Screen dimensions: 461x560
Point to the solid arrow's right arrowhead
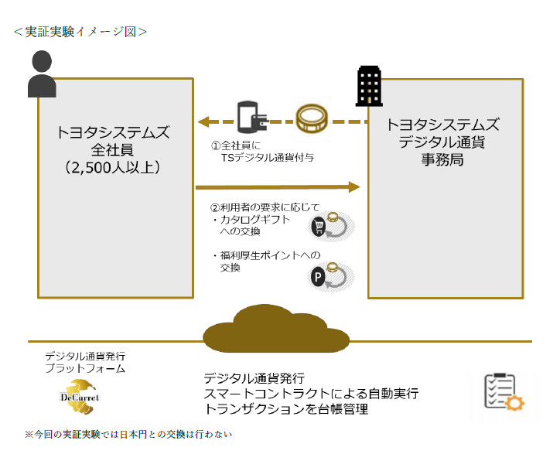[x=355, y=186]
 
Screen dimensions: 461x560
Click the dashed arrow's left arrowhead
[x=204, y=121]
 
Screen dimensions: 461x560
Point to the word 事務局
[x=442, y=160]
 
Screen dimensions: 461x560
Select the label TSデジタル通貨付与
[x=267, y=156]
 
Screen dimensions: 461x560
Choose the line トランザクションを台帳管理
[x=285, y=408]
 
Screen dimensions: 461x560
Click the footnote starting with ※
[x=128, y=435]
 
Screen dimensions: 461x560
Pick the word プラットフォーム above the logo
[x=85, y=369]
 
